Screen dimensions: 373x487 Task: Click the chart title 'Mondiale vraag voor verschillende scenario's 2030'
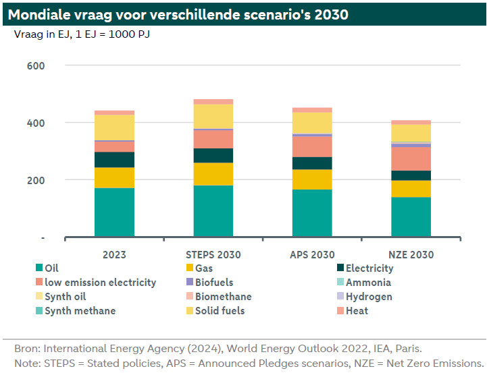click(178, 14)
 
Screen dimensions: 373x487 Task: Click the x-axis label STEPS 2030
click(213, 255)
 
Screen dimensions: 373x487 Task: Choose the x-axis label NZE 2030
click(411, 255)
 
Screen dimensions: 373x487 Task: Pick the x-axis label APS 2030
click(312, 255)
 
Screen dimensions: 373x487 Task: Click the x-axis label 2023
click(114, 255)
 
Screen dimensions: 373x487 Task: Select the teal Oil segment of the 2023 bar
click(114, 212)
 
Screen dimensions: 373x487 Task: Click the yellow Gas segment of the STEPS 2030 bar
click(213, 174)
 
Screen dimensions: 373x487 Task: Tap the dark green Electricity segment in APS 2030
click(312, 163)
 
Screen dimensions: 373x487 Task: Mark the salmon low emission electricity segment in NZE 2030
click(411, 159)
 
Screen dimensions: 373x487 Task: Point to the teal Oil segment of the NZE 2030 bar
click(411, 217)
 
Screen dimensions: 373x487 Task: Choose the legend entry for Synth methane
click(76, 311)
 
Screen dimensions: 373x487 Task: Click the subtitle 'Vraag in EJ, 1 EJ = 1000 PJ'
click(82, 34)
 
